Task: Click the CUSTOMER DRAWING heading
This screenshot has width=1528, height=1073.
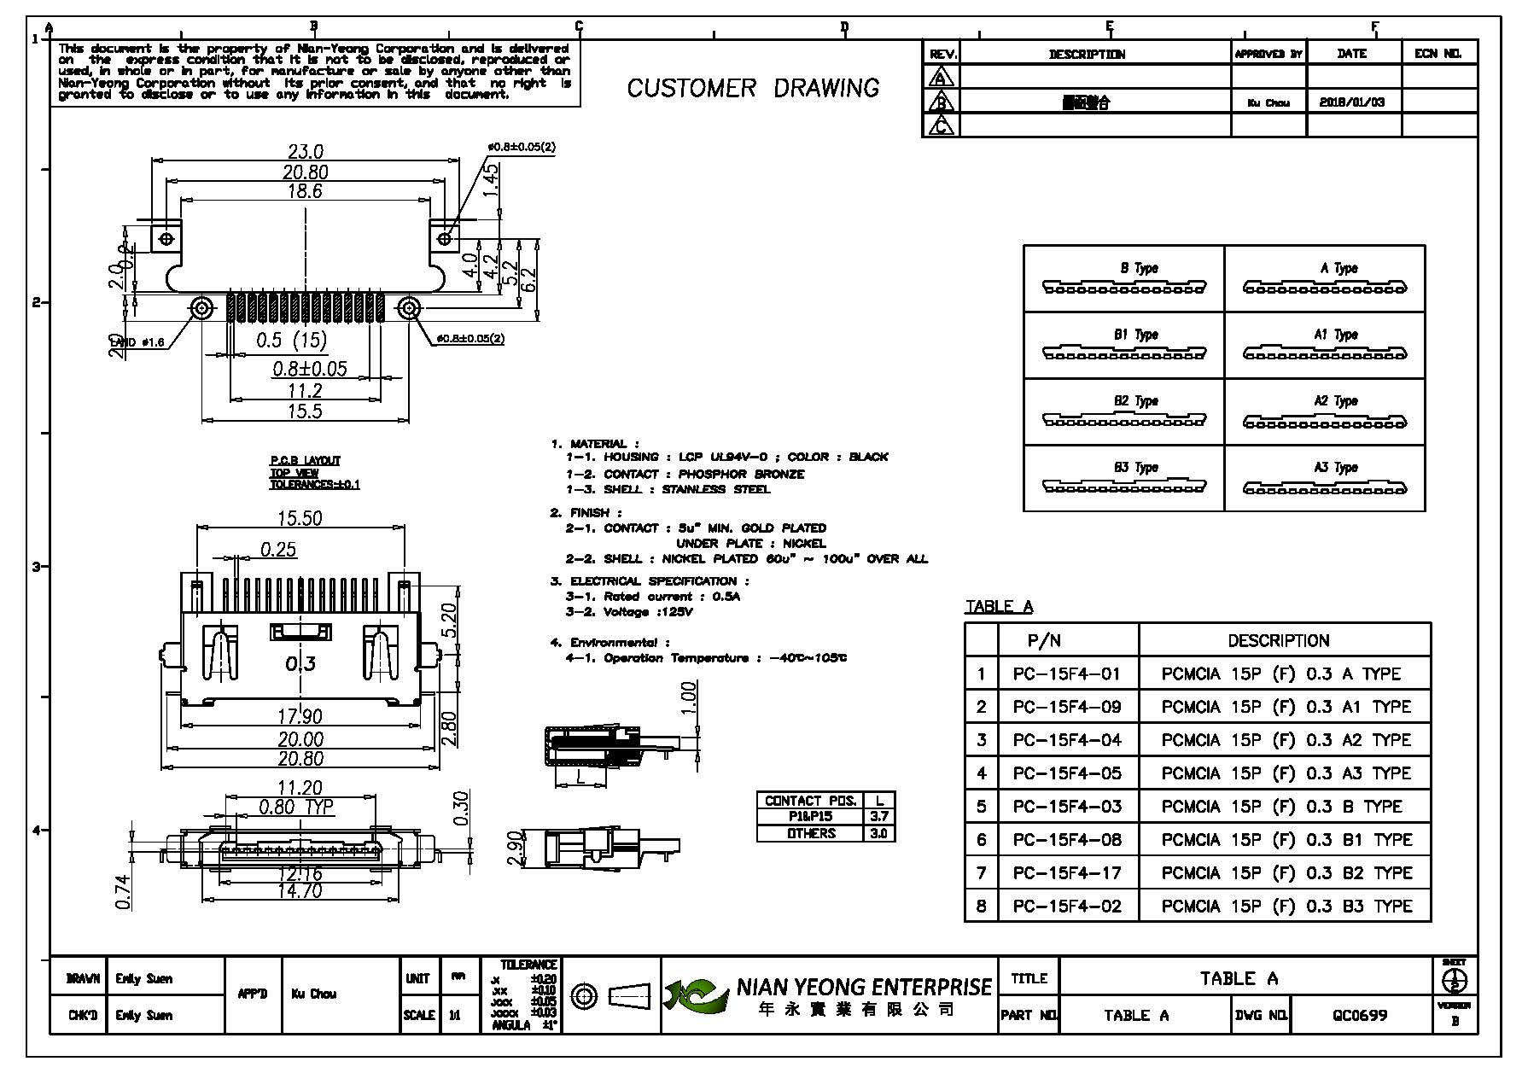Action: click(x=753, y=88)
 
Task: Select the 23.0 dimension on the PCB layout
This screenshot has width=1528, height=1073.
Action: click(x=306, y=152)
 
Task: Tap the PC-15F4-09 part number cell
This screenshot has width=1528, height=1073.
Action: click(x=1067, y=707)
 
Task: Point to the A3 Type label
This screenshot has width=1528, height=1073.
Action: click(x=1335, y=468)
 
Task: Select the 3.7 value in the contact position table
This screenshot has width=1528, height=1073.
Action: click(x=878, y=817)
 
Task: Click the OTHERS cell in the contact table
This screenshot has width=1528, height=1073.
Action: click(x=811, y=833)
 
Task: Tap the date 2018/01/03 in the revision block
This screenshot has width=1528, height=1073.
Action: click(x=1351, y=102)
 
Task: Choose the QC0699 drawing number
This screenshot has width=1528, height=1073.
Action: click(x=1360, y=1015)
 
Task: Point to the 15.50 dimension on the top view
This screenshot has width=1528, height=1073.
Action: click(x=300, y=519)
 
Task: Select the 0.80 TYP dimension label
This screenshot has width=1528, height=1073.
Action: click(x=295, y=808)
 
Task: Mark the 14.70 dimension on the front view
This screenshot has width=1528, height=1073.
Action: click(x=300, y=891)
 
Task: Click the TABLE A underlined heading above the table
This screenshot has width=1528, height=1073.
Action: click(x=999, y=607)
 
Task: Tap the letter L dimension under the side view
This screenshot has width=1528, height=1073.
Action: click(x=580, y=778)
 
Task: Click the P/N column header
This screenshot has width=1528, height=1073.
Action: click(x=1043, y=641)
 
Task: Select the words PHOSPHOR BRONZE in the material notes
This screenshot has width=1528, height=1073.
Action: click(x=741, y=474)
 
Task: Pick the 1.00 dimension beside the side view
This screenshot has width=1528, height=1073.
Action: click(x=690, y=697)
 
